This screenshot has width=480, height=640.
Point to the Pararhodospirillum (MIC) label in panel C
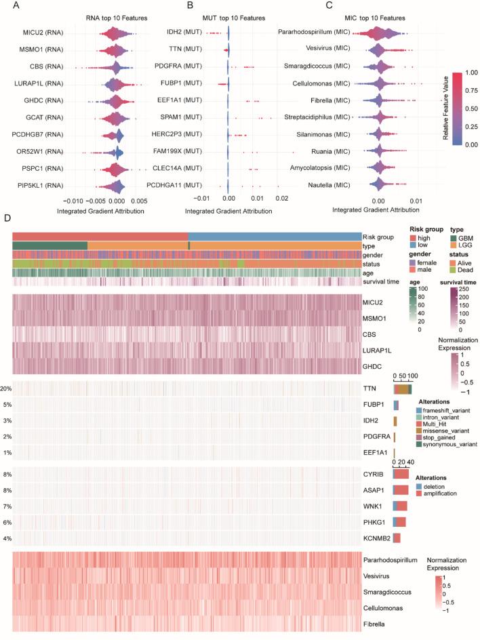pyautogui.click(x=319, y=32)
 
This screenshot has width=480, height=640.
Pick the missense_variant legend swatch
pyautogui.click(x=418, y=431)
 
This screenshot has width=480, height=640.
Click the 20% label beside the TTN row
pyautogui.click(x=6, y=388)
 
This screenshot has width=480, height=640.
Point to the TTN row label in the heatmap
pyautogui.click(x=370, y=388)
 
